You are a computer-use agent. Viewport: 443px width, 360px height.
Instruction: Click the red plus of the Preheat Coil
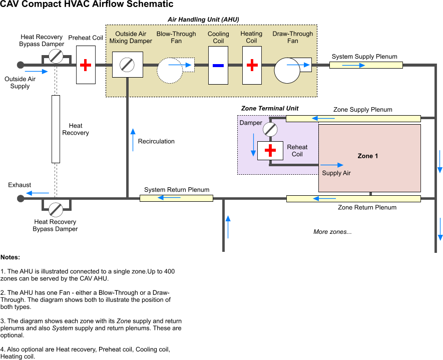[x=86, y=65]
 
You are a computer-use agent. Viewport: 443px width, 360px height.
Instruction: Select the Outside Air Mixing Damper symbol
[x=128, y=65]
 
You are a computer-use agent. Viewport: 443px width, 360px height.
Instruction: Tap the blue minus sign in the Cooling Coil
[x=218, y=65]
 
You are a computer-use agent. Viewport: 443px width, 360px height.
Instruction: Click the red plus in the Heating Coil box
[x=252, y=65]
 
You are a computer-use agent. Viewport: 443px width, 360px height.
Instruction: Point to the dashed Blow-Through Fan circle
[x=170, y=70]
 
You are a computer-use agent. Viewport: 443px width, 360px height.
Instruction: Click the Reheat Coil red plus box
[x=270, y=151]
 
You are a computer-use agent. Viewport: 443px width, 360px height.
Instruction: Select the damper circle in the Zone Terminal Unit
[x=270, y=130]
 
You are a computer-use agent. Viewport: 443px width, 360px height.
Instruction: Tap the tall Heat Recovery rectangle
[x=56, y=129]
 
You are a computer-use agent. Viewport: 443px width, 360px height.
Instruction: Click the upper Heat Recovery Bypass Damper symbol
[x=56, y=56]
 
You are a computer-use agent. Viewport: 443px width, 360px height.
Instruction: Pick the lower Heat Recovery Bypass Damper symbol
[x=56, y=209]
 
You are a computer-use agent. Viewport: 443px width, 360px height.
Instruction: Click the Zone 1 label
[x=368, y=156]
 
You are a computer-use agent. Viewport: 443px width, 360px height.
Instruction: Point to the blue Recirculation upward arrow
[x=133, y=140]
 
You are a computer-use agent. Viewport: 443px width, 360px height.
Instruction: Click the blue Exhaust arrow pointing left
[x=38, y=193]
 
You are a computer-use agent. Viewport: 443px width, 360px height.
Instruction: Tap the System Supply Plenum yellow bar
[x=366, y=65]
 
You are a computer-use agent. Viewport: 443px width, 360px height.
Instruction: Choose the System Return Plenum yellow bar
[x=176, y=198]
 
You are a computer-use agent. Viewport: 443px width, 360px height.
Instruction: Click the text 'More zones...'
[x=332, y=232]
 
